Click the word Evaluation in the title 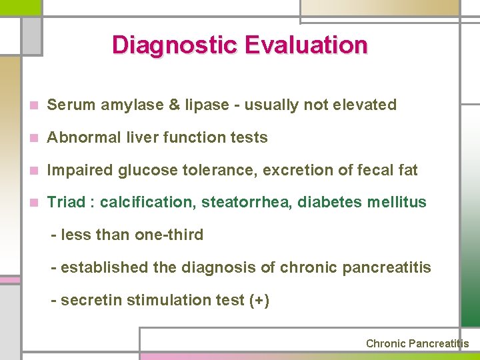click(x=306, y=45)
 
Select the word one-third click(x=171, y=235)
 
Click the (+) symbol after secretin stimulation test click(x=259, y=300)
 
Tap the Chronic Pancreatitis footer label click(x=417, y=343)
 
